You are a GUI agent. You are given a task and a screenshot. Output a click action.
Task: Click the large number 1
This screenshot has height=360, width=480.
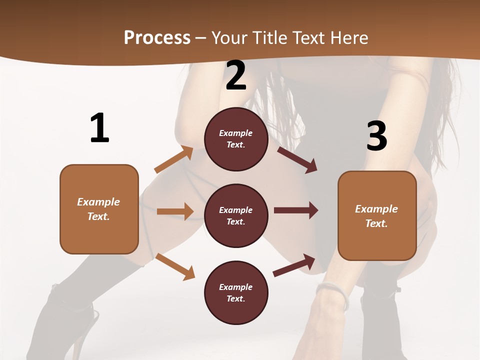(99, 128)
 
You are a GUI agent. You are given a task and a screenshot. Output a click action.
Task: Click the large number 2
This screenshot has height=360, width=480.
(236, 75)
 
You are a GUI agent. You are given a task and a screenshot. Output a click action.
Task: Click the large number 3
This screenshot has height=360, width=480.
(376, 136)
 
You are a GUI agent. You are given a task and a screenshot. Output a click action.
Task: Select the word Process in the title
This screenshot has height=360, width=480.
(157, 37)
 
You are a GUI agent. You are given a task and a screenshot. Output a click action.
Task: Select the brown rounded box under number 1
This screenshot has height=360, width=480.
(99, 209)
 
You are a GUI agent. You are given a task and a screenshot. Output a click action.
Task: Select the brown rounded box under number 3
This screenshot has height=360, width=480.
(377, 215)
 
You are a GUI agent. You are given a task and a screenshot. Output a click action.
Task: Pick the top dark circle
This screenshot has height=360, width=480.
(236, 139)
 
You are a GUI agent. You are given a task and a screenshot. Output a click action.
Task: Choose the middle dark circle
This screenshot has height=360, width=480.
(236, 215)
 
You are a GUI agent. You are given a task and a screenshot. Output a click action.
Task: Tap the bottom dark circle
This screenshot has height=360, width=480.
(236, 292)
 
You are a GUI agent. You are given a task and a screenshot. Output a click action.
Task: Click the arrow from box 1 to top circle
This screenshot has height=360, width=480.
(173, 159)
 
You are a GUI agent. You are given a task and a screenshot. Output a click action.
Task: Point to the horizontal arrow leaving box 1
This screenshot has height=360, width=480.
(175, 211)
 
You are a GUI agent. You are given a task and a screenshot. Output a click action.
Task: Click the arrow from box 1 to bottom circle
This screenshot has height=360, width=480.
(175, 266)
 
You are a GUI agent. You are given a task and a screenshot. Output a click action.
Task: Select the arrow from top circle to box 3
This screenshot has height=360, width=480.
(297, 160)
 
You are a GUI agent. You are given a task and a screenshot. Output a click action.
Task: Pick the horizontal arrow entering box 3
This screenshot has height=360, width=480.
(295, 210)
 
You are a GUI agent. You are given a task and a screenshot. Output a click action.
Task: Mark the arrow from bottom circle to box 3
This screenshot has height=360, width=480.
(294, 265)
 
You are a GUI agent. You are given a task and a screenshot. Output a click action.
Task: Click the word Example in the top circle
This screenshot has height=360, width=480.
(236, 133)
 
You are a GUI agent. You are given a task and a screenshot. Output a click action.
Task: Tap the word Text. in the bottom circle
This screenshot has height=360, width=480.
(236, 298)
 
